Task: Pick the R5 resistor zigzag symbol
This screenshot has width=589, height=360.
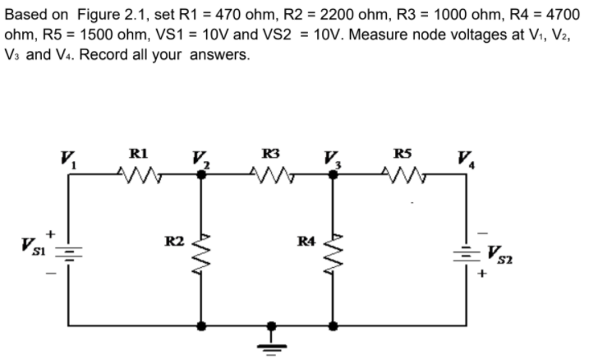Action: point(403,174)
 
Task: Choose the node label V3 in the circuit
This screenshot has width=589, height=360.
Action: point(329,158)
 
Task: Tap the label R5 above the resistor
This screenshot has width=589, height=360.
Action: point(403,151)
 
